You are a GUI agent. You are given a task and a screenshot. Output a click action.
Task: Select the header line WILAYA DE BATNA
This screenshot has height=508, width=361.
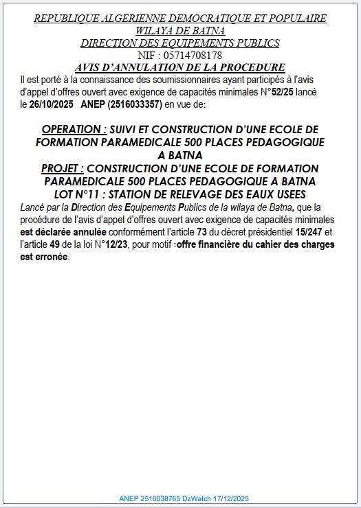180,30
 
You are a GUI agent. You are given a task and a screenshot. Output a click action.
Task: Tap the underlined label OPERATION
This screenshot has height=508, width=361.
74,129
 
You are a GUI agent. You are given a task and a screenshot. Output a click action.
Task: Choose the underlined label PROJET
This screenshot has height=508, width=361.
63,168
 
